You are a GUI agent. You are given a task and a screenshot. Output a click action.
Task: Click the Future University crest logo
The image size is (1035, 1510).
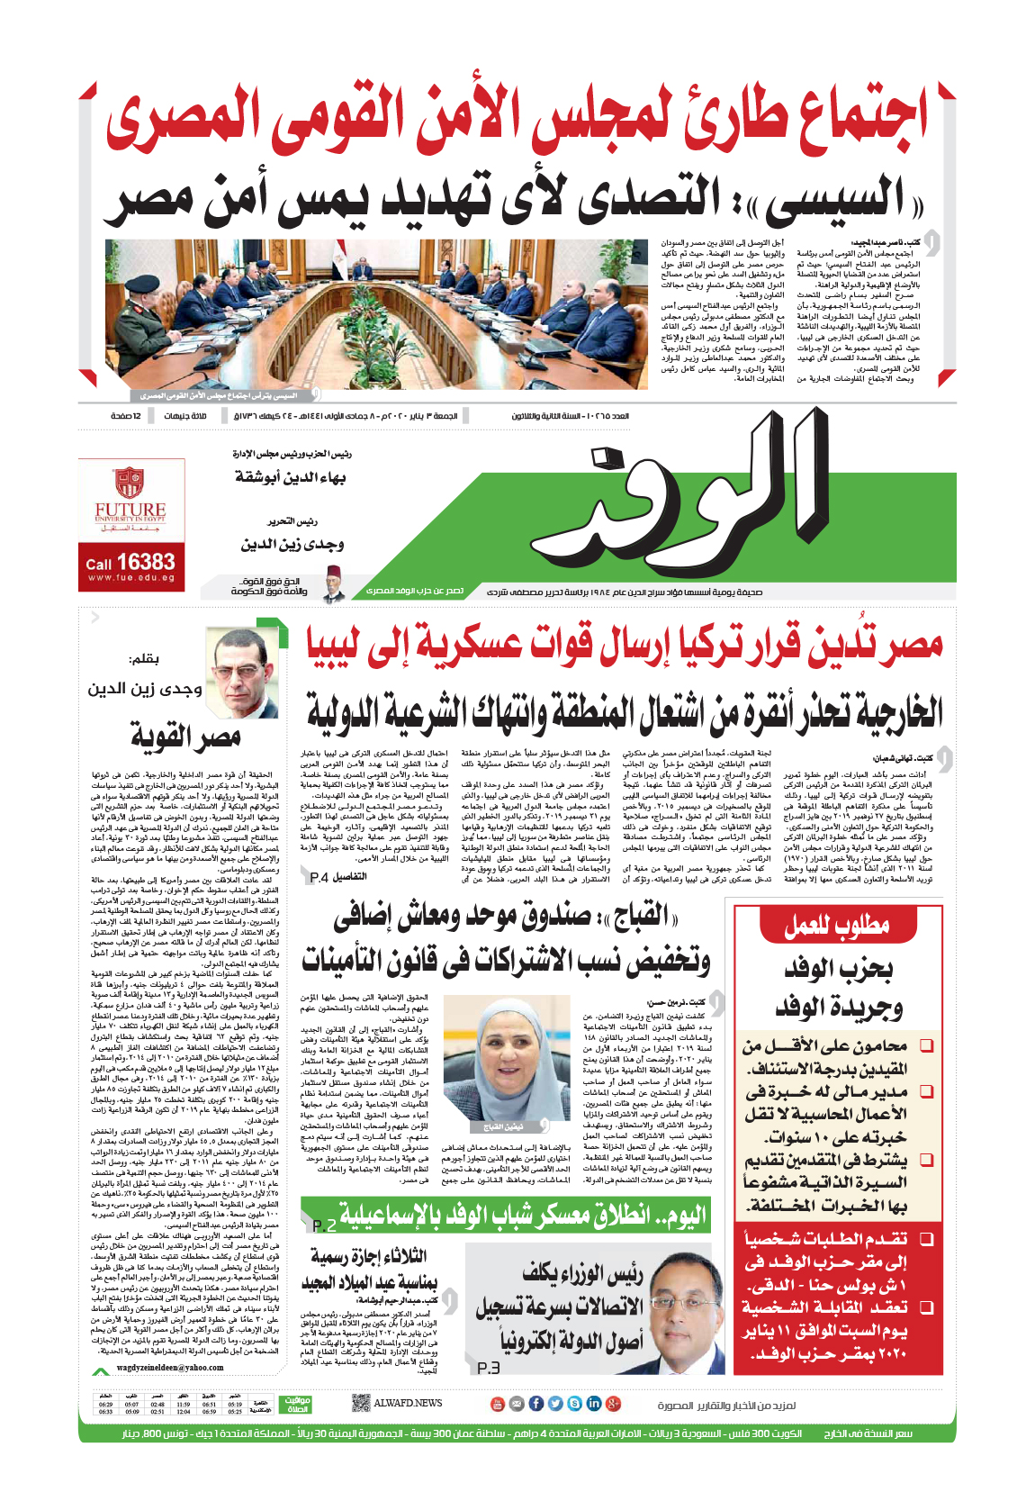pyautogui.click(x=130, y=484)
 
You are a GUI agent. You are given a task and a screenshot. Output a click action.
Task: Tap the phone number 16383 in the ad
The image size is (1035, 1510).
pyautogui.click(x=144, y=563)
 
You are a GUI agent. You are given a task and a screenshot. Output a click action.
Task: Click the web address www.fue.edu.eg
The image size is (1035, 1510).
pyautogui.click(x=130, y=579)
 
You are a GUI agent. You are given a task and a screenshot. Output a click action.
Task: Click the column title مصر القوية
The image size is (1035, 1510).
pyautogui.click(x=186, y=737)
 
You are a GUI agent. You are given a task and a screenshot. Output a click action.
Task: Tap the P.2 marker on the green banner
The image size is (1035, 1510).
pyautogui.click(x=324, y=1225)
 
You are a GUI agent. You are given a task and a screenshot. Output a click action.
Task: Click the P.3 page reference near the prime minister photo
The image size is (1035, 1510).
pyautogui.click(x=488, y=1368)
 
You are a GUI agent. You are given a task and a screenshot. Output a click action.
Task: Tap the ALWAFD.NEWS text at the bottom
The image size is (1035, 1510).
pyautogui.click(x=408, y=1403)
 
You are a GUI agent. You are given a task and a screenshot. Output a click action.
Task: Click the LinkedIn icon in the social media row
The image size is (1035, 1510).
pyautogui.click(x=594, y=1404)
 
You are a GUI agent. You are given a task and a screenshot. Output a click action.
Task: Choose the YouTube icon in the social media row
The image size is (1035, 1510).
pyautogui.click(x=497, y=1404)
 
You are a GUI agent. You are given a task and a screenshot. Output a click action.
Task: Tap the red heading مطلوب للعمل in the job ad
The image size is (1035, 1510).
pyautogui.click(x=836, y=925)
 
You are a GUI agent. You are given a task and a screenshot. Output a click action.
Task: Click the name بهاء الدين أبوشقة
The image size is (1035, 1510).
pyautogui.click(x=290, y=478)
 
